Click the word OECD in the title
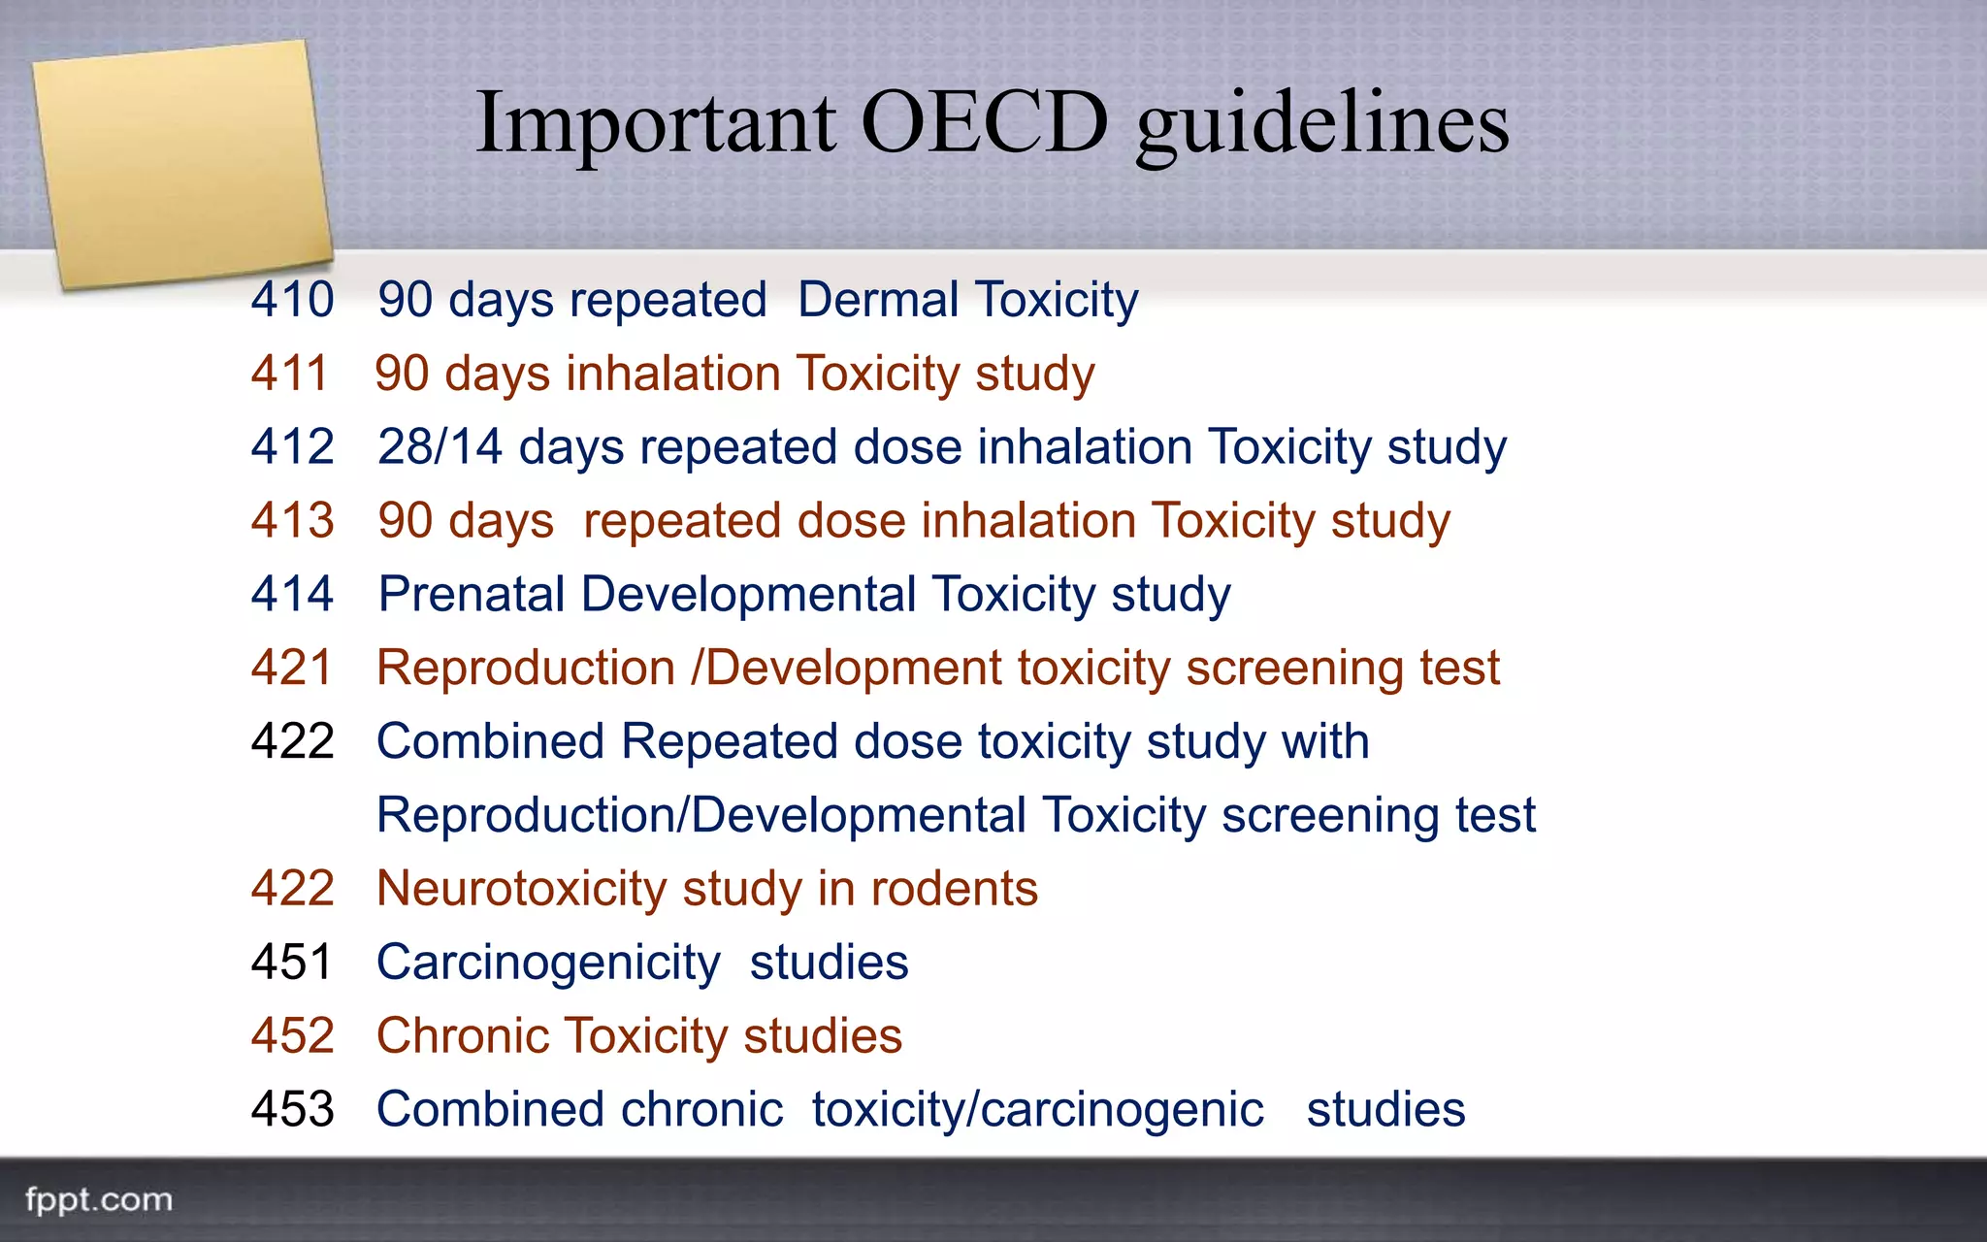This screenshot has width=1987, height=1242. point(984,123)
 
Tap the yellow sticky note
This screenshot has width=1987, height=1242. point(182,163)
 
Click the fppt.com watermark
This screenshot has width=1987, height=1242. point(98,1200)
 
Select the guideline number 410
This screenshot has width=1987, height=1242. point(292,299)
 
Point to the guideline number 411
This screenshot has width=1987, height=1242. point(289,374)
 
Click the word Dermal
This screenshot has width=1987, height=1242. point(878,299)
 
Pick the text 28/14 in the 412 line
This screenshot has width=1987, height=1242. point(440,447)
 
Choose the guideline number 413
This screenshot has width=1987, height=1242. point(292,521)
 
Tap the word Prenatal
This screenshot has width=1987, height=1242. point(472,594)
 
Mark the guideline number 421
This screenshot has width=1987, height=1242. point(291,668)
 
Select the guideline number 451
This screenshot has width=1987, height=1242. point(291,963)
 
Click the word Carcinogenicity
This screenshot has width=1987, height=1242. point(548,964)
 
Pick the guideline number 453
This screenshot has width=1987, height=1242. point(292,1109)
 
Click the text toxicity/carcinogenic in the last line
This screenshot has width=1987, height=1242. point(1037,1110)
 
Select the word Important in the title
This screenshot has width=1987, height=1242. point(656,123)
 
